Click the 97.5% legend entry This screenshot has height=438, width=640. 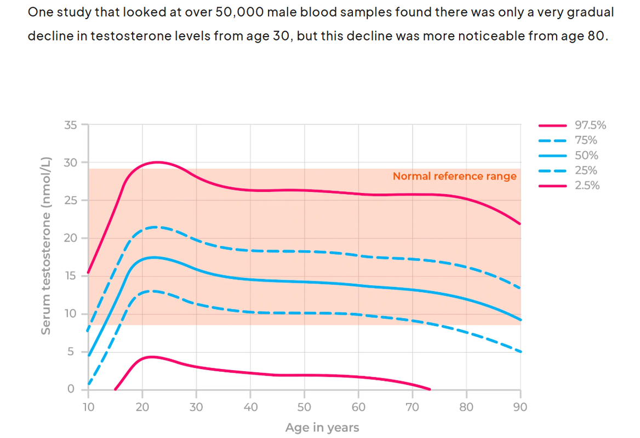pos(590,125)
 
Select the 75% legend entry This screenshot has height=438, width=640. pos(586,140)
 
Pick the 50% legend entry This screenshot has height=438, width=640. pos(586,155)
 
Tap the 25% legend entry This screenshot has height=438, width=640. pos(586,170)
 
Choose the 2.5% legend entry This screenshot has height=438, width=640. pos(587,186)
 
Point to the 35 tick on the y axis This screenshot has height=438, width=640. pos(71,125)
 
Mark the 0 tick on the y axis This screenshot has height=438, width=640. pos(71,389)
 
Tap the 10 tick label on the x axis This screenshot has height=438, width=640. pos(88,407)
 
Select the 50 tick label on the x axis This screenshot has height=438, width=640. pos(304,407)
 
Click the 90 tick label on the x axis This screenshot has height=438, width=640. pos(520,407)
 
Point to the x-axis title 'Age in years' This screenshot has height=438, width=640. pos(322,428)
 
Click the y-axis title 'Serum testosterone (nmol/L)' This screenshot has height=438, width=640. pos(47,246)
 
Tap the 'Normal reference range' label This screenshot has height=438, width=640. pos(454,176)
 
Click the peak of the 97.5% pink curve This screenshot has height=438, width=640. pos(157,162)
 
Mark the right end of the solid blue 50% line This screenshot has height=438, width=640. pos(521,320)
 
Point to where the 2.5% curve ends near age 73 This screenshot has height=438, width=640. pos(430,389)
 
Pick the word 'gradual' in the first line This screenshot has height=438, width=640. pos(593,12)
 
